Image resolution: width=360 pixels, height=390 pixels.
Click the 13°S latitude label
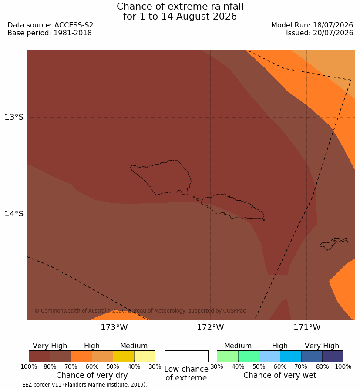14,117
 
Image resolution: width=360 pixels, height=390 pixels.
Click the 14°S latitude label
14,213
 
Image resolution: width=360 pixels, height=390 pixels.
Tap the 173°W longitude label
114,327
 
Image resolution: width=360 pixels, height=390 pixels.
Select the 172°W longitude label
211,327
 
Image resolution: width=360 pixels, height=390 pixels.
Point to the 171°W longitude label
307,327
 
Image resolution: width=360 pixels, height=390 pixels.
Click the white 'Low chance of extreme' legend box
186,356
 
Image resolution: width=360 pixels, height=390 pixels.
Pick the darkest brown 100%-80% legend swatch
40,356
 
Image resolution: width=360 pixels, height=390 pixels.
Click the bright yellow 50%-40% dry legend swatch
123,356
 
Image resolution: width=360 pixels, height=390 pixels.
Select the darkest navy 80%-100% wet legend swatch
333,356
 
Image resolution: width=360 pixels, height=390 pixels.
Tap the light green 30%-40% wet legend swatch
227,356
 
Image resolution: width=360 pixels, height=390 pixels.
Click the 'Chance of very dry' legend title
92,375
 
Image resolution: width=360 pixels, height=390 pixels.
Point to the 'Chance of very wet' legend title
279,375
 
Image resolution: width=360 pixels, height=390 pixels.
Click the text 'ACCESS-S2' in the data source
74,25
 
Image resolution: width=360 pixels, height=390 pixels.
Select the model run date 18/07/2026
333,25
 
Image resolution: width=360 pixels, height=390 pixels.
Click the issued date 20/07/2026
333,33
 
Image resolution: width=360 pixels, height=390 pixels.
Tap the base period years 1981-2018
73,33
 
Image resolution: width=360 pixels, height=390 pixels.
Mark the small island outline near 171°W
333,243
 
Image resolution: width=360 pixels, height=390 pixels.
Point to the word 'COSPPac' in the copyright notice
234,311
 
